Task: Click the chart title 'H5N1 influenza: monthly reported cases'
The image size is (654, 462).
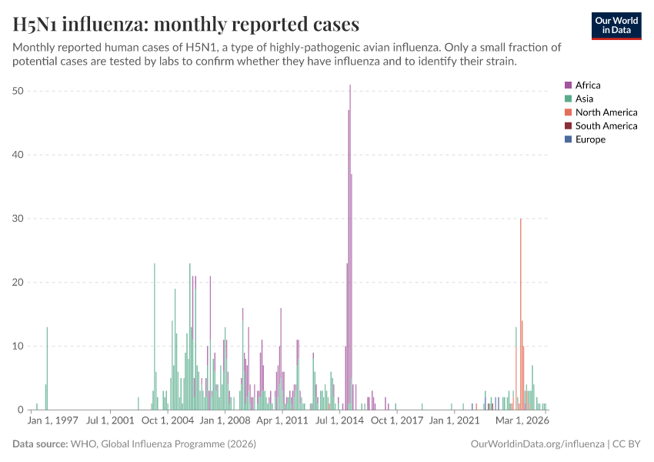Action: coord(185,25)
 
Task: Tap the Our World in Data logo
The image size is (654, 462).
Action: coord(616,25)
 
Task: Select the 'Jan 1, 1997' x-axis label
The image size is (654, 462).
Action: coord(53,421)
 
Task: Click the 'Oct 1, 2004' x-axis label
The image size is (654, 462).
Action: coord(169,421)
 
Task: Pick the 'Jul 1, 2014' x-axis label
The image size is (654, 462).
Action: coord(339,421)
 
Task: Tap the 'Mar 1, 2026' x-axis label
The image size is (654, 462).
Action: coord(522,421)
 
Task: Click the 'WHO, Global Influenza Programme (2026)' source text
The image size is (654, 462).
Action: coord(163,444)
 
